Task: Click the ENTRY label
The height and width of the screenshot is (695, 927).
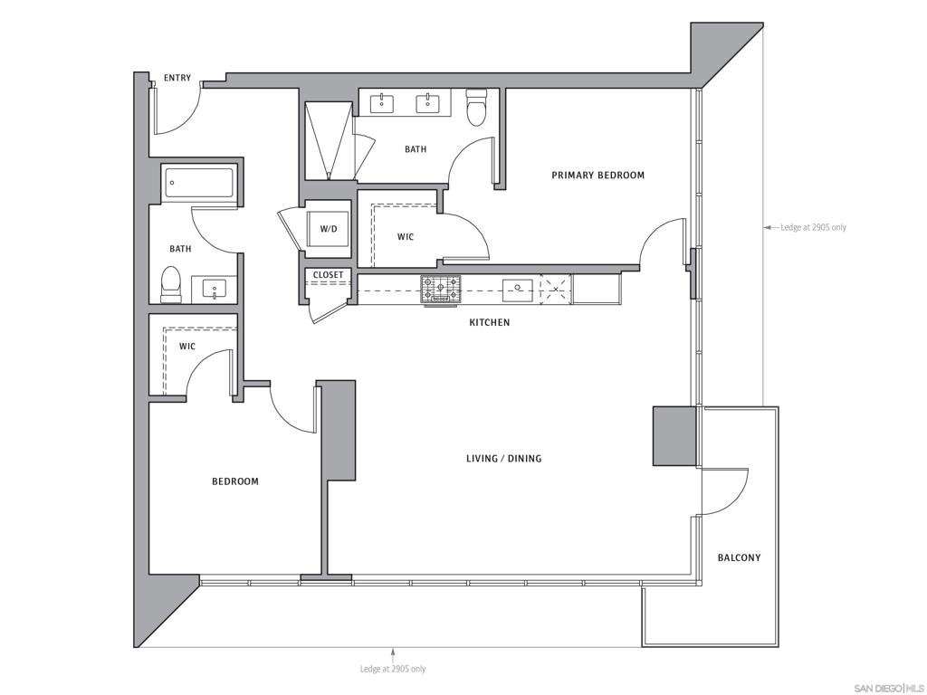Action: click(x=177, y=78)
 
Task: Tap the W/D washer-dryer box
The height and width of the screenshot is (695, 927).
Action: click(x=327, y=229)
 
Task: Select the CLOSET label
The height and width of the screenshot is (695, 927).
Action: click(x=328, y=275)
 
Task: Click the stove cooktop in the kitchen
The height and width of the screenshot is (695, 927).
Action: click(x=440, y=290)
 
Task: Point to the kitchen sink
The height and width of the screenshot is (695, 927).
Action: click(x=517, y=290)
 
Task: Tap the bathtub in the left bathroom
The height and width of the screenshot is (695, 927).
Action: click(x=200, y=184)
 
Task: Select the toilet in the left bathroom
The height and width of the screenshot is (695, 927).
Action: click(x=171, y=284)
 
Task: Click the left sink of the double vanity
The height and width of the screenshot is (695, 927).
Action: click(x=382, y=104)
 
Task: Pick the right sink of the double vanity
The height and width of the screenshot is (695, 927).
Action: click(x=428, y=104)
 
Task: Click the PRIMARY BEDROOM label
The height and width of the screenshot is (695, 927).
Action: click(x=597, y=176)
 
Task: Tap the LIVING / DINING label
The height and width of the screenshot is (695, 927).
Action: click(x=503, y=459)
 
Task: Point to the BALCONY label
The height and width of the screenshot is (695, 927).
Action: click(x=739, y=557)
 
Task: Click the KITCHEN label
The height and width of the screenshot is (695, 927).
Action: click(x=489, y=322)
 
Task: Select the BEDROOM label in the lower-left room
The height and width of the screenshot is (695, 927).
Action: click(x=235, y=481)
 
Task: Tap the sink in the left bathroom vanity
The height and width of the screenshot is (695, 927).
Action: click(x=215, y=290)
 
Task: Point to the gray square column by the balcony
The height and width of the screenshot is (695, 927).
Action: click(x=674, y=436)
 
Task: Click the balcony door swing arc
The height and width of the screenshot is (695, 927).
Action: click(x=730, y=493)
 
